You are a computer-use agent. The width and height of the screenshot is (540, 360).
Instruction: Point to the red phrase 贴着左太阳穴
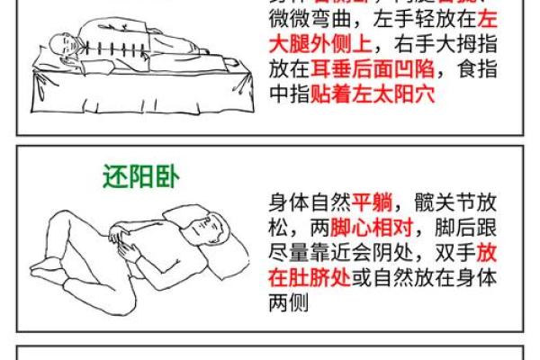(x=378, y=94)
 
